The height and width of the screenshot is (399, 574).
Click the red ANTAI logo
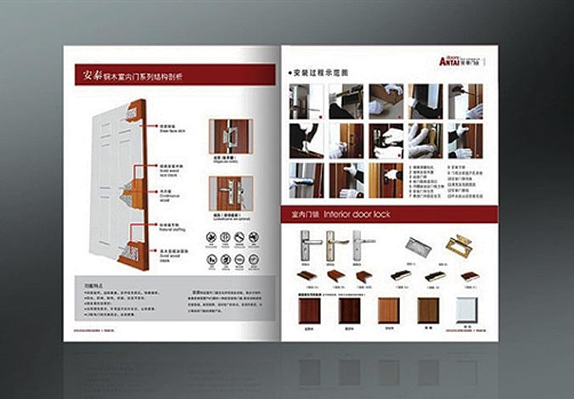point(451,60)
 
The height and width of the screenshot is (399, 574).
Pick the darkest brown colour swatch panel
point(348,310)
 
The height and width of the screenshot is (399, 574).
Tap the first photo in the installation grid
point(305,100)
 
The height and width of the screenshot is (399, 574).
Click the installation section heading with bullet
point(318,72)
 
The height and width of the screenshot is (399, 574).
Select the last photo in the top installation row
point(466,100)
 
